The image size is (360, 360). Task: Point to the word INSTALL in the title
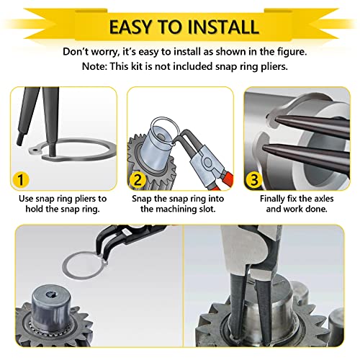coord(224,27)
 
